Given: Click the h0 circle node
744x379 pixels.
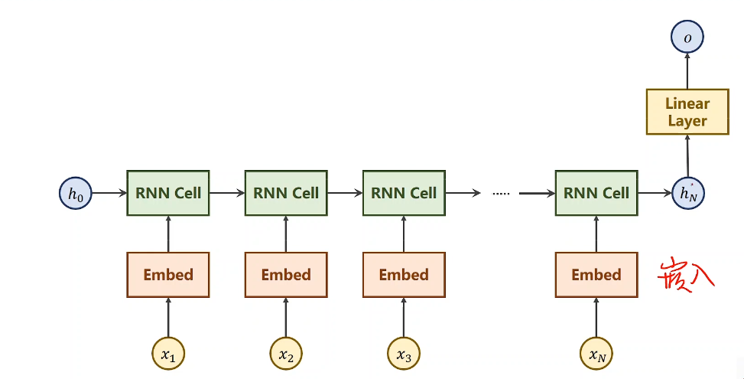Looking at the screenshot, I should [x=75, y=194].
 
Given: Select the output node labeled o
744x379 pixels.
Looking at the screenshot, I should [x=687, y=37].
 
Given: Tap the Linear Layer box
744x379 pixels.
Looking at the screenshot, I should [x=687, y=112].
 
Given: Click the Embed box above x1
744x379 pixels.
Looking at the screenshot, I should [x=168, y=275].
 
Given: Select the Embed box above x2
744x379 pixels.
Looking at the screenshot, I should [x=286, y=275].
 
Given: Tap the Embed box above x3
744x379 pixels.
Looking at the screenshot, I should [x=404, y=275].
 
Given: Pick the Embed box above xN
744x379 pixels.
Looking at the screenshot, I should [x=596, y=275].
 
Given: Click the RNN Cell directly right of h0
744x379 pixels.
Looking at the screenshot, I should [x=168, y=193].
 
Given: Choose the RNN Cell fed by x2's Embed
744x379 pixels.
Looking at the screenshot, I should [x=286, y=193].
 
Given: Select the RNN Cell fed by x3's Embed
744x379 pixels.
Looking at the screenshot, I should [x=404, y=193].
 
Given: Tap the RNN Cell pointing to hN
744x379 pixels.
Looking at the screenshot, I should [x=596, y=193].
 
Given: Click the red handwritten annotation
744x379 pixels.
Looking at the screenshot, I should [x=686, y=274].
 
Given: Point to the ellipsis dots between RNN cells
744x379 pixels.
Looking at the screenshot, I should [x=501, y=194].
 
